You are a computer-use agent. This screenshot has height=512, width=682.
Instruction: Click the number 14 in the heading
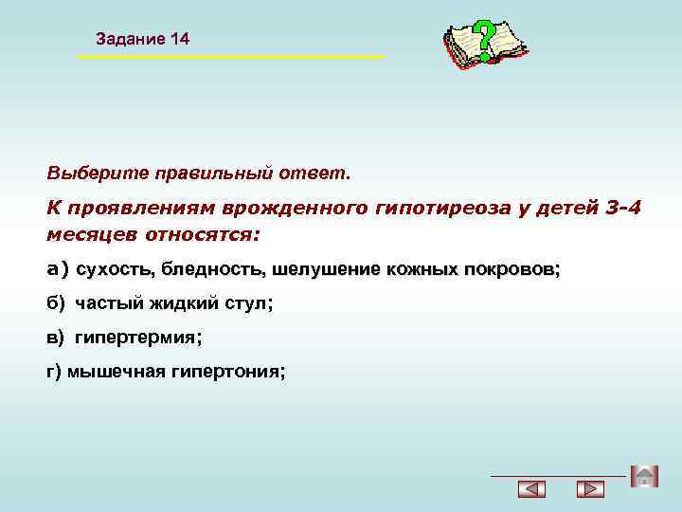tap(180, 39)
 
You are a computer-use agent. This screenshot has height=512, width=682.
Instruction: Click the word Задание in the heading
tap(132, 39)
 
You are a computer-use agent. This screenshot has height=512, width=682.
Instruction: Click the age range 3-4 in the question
tap(621, 208)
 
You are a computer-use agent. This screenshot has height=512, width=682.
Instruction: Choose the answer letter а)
tap(58, 269)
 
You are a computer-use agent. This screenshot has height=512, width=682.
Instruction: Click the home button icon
tap(643, 476)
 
